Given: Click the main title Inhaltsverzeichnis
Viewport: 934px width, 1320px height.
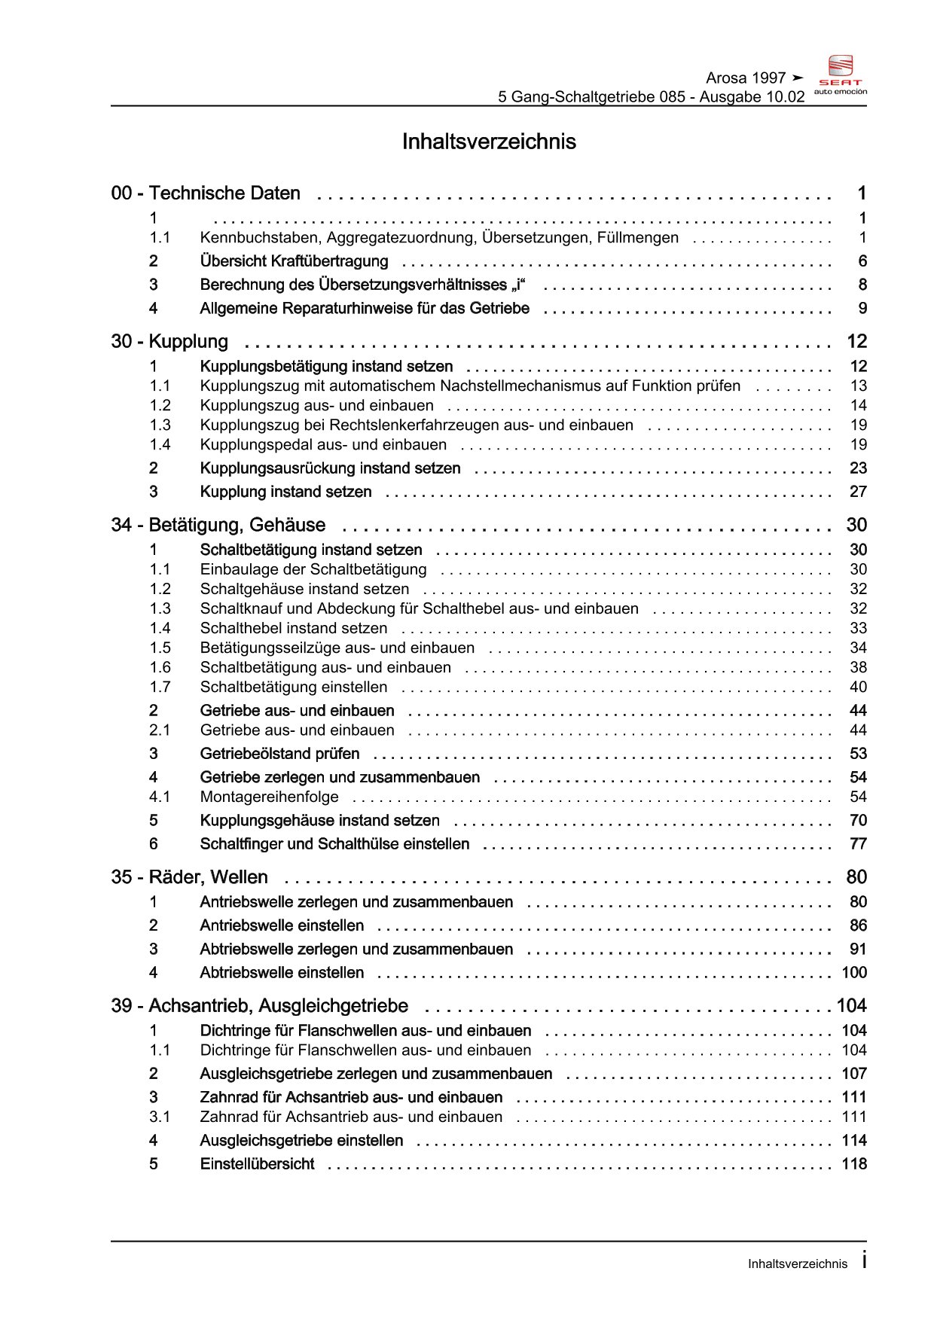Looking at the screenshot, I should (x=489, y=142).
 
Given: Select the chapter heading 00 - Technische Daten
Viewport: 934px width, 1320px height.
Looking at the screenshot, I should (x=206, y=194).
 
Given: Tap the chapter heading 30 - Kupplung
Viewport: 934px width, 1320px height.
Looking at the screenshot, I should (x=169, y=342).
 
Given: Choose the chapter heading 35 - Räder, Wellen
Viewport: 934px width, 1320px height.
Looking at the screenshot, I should (x=189, y=877).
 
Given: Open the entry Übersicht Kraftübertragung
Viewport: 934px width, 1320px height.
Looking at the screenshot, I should (x=294, y=261).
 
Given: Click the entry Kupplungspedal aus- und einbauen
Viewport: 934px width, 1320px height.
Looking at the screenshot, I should (x=323, y=445).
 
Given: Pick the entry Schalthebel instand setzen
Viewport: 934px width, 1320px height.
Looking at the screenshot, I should (x=294, y=628).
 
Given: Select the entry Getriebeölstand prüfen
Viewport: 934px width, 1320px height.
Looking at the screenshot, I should (x=279, y=754).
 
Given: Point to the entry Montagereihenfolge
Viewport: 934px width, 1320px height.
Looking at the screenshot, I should (x=269, y=797).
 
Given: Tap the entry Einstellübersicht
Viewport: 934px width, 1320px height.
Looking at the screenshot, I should (x=257, y=1164).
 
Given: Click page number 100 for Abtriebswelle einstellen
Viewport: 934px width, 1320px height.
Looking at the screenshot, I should (x=854, y=973).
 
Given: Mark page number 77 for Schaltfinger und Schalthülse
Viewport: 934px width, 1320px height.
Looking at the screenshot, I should (x=858, y=844).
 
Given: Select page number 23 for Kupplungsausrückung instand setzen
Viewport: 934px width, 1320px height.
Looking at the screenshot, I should (x=858, y=468).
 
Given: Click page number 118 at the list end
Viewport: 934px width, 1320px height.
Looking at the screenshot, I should (x=854, y=1164).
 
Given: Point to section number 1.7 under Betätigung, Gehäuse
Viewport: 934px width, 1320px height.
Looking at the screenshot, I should (x=160, y=687).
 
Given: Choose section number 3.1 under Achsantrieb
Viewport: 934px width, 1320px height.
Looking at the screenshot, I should (x=160, y=1117).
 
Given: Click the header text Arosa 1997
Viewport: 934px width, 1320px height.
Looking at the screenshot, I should (x=746, y=78).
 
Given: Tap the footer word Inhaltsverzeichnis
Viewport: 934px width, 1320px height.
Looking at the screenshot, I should (x=797, y=1264).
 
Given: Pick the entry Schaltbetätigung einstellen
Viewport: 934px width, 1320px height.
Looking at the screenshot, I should (x=294, y=687).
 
